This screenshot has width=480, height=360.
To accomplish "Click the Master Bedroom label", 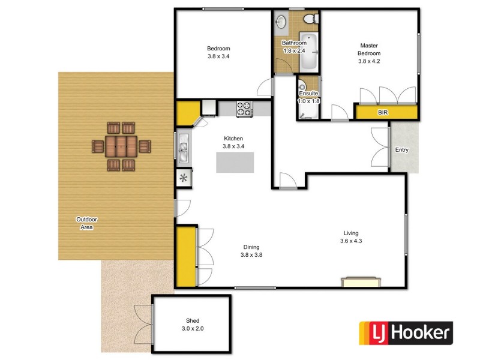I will pos(370,49).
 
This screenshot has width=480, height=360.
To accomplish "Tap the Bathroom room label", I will pos(295,43).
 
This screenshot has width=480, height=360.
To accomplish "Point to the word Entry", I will pos(401,150).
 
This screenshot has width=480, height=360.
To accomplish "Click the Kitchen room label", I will pos(216,139).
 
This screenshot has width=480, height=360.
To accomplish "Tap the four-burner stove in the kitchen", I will pos(244,109).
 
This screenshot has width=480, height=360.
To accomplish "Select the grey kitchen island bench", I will pos(235,163).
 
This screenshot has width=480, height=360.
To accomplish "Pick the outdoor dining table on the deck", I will pos(122,146).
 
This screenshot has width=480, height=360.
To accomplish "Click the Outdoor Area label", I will pos(87,223).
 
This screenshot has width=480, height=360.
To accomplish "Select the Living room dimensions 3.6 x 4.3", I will pos(350,241).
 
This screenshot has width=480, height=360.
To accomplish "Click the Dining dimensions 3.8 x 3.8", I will pos(251,254).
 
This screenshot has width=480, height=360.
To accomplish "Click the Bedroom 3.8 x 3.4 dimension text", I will pos(218,57).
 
